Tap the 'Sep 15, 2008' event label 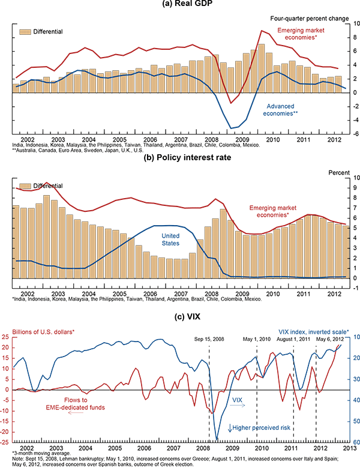click(x=210, y=339)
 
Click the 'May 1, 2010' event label click(x=257, y=339)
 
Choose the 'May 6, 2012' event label click(x=329, y=339)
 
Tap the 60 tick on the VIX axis click(x=354, y=442)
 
